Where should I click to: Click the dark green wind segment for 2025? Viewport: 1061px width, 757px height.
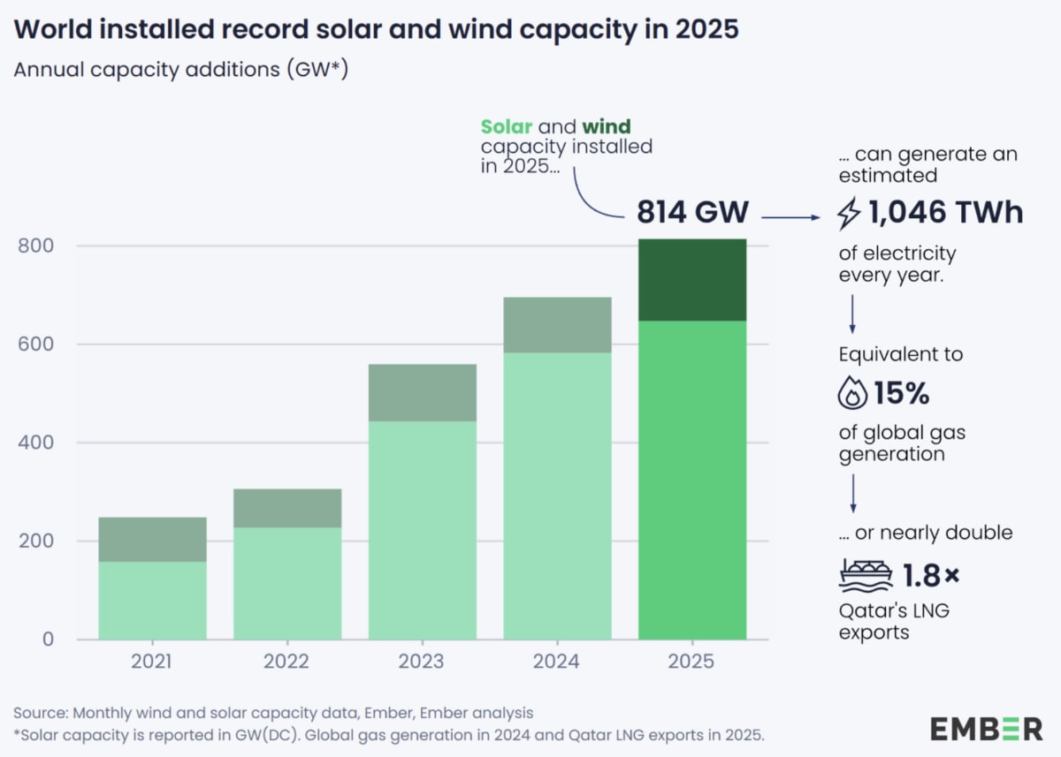(x=692, y=280)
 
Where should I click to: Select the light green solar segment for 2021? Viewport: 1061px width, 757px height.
(x=152, y=601)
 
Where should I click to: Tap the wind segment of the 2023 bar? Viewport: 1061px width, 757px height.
(x=422, y=392)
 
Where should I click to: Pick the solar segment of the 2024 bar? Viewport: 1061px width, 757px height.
(x=557, y=496)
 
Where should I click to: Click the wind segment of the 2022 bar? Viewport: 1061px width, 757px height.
(x=287, y=508)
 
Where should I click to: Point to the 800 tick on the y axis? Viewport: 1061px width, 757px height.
(x=36, y=246)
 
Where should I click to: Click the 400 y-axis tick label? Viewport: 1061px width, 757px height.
(x=36, y=443)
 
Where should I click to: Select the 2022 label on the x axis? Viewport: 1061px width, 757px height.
(x=287, y=662)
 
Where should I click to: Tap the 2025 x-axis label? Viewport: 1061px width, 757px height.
(x=692, y=662)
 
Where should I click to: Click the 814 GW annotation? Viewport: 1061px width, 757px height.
(x=692, y=213)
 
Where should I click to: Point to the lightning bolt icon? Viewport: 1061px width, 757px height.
(x=849, y=214)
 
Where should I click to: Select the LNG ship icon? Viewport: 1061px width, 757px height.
(x=865, y=576)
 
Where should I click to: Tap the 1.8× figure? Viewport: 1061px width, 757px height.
(x=930, y=576)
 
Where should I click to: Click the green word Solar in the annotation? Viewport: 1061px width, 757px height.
(x=506, y=127)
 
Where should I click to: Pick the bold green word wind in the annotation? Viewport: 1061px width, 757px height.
(x=606, y=127)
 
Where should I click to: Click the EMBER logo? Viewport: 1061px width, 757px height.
(x=986, y=729)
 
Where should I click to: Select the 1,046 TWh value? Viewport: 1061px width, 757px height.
(x=944, y=213)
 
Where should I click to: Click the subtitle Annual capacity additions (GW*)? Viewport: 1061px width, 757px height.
(x=181, y=71)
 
